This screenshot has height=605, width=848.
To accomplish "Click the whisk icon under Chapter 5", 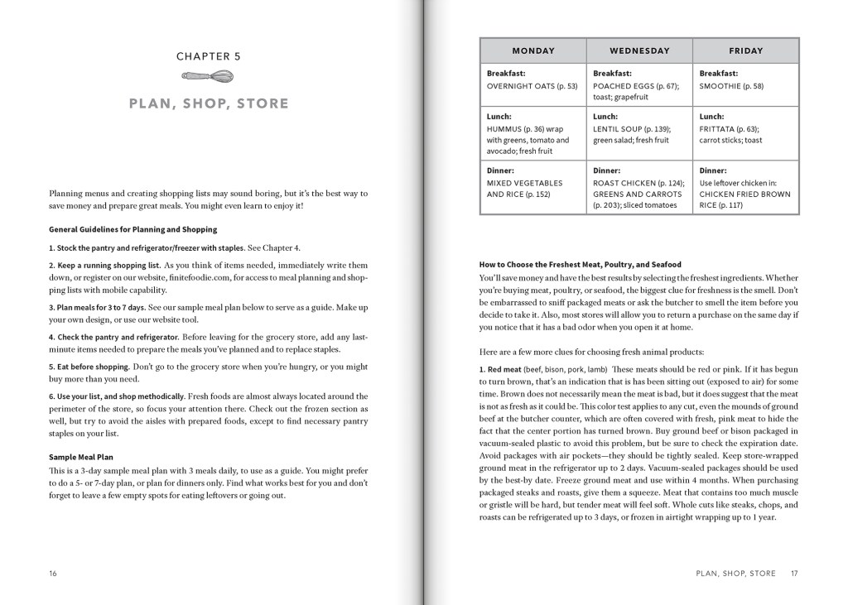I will click(x=208, y=76).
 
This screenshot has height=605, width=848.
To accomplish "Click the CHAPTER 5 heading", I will click(x=209, y=56).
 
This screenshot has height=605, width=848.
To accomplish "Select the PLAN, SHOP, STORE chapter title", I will click(x=209, y=103).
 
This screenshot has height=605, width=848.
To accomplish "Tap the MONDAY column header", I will click(x=533, y=50).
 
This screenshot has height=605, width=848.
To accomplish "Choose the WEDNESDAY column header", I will click(x=639, y=50).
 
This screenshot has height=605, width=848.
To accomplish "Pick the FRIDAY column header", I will click(x=745, y=50).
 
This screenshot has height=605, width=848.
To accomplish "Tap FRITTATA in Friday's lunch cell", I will click(x=716, y=129).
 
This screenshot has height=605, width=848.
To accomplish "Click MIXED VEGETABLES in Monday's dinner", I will click(x=524, y=183).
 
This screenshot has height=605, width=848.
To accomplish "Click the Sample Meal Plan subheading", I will click(x=81, y=457).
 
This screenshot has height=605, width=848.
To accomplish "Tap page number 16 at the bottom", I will click(x=53, y=574).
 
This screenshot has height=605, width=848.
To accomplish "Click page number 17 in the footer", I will click(x=794, y=574).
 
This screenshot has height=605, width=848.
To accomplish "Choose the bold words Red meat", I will click(x=504, y=369).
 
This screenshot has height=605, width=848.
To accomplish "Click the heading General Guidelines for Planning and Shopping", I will click(x=132, y=229).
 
